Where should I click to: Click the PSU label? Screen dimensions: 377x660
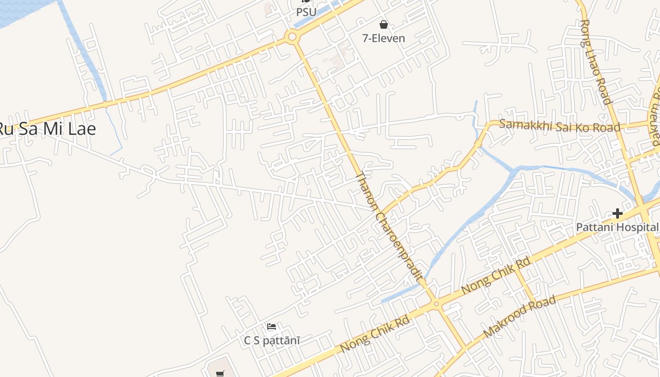click(306, 11)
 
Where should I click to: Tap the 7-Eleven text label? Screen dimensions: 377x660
click(383, 38)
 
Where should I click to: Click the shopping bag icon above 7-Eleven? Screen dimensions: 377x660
click(384, 24)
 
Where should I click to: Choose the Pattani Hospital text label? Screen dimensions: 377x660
click(617, 228)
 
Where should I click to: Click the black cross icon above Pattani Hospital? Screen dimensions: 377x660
click(617, 214)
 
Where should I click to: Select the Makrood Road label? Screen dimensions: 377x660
click(520, 316)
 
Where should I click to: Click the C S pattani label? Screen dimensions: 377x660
click(272, 340)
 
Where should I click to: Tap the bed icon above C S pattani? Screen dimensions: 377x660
click(272, 326)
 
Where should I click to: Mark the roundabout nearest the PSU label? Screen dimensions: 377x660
click(292, 36)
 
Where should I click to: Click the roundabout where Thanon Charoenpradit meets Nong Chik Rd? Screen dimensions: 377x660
click(437, 304)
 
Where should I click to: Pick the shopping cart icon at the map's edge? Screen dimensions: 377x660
click(220, 374)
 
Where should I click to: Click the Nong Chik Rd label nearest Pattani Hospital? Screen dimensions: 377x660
click(496, 275)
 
